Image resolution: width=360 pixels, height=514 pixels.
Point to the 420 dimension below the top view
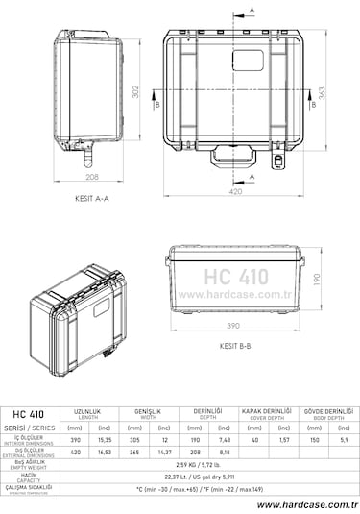234,191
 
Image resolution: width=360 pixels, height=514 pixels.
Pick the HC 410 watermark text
235,276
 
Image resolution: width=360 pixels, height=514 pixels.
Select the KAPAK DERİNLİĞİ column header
267,412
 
